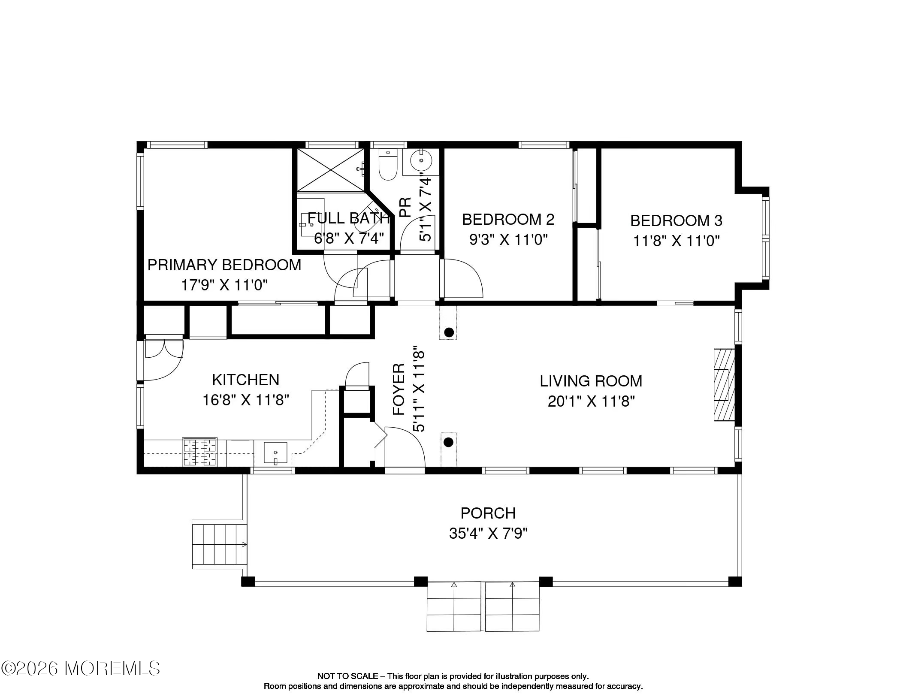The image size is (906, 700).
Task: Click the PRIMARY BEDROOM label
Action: pos(224,265)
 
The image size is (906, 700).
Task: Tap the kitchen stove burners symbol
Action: pos(199,452)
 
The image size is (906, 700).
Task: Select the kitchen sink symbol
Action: pos(275,453)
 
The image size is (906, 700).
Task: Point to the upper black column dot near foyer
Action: pos(449,332)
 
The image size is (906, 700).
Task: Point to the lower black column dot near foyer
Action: pos(448,442)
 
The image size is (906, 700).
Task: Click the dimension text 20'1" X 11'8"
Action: pos(591,401)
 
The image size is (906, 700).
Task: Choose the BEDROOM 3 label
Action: pos(676,220)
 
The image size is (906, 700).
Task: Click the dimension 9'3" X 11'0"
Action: pos(508,239)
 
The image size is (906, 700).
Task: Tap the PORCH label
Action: pos(488,513)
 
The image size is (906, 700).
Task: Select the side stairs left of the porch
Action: pos(219,545)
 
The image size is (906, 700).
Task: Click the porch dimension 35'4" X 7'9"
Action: pos(488,534)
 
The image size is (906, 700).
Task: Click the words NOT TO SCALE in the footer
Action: pos(347,676)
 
